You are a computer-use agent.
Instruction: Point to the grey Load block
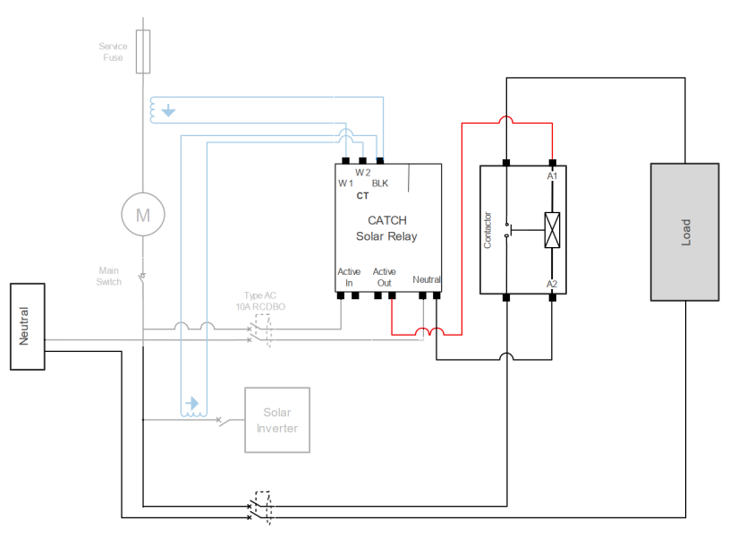pos(684,232)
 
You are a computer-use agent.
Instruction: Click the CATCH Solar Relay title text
pos(386,228)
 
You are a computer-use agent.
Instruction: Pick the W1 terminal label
pos(345,184)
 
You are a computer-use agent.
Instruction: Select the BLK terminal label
pos(380,184)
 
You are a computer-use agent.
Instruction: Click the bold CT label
pos(362,196)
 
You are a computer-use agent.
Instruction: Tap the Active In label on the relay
pos(349,277)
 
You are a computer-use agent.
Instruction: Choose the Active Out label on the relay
pos(384,277)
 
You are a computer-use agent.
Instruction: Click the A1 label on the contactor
pos(552,176)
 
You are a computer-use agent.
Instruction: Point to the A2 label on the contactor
pos(552,284)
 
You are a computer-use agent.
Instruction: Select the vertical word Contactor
pos(487,230)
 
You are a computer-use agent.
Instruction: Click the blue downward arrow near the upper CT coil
pos(168,110)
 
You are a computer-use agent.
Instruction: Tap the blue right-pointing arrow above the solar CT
pos(192,403)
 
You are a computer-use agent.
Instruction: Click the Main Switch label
pos(109,276)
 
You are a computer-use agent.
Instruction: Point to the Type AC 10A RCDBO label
pos(260,301)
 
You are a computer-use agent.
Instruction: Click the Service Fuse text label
pos(113,52)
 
